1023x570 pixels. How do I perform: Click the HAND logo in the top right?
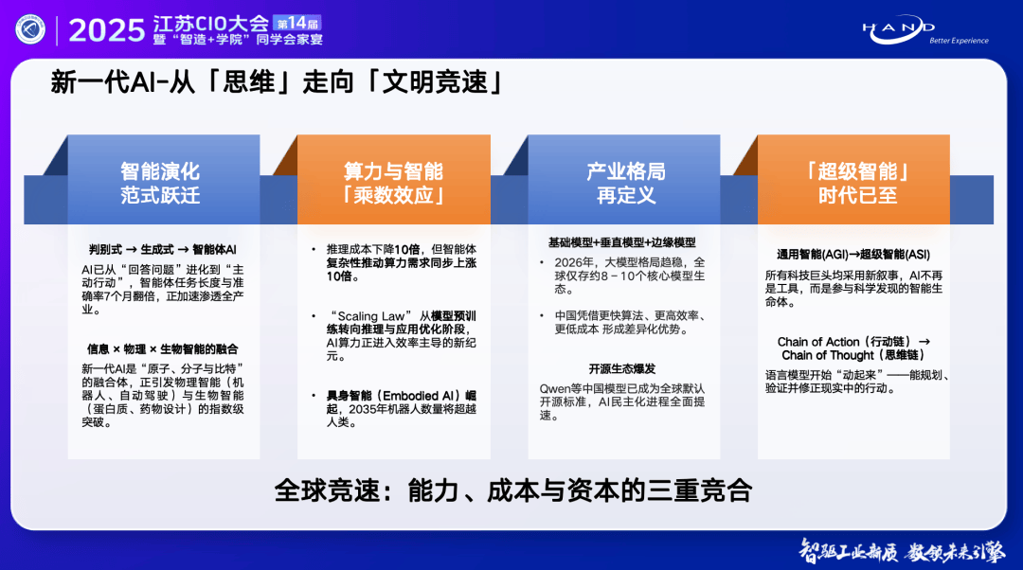click(x=925, y=30)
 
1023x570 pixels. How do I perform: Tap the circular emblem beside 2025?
click(x=30, y=29)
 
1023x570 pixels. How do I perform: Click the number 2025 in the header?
click(x=106, y=30)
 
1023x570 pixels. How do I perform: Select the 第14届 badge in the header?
click(x=296, y=24)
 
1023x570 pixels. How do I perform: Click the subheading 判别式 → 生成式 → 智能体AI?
click(x=163, y=249)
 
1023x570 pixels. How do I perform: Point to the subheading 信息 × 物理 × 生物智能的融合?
click(x=163, y=349)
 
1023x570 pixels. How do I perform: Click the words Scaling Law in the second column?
click(x=371, y=315)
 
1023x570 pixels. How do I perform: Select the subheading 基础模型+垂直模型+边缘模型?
click(x=621, y=242)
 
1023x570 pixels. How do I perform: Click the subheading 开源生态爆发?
click(x=621, y=368)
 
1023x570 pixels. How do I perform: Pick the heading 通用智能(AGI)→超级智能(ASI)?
click(x=853, y=255)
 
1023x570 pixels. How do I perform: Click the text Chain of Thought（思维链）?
click(x=853, y=355)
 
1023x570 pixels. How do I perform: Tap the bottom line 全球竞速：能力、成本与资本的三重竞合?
click(x=512, y=490)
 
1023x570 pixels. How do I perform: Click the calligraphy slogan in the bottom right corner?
click(x=903, y=552)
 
